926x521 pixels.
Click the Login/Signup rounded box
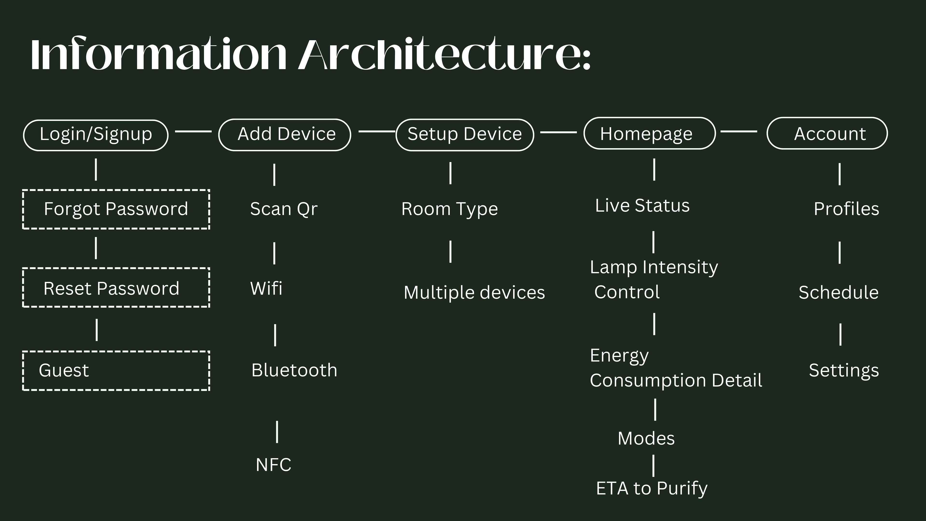[x=96, y=135]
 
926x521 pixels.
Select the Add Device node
[x=285, y=135]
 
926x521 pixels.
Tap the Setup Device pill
[x=465, y=135]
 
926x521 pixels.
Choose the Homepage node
[x=650, y=133]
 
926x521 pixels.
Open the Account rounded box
[x=827, y=133]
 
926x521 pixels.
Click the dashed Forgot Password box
[x=116, y=209]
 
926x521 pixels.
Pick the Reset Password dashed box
[x=116, y=288]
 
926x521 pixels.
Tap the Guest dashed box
[x=116, y=370]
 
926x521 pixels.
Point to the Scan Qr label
[x=284, y=209]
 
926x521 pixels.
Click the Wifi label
[x=266, y=288]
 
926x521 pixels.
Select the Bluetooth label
[x=294, y=370]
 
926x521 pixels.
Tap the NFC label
[x=273, y=465]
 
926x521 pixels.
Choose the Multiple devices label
[x=474, y=292]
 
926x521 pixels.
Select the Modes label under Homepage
[x=646, y=438]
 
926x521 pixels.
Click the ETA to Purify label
[x=651, y=488]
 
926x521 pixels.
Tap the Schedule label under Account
[x=838, y=292]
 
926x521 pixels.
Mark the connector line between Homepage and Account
[x=739, y=132]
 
